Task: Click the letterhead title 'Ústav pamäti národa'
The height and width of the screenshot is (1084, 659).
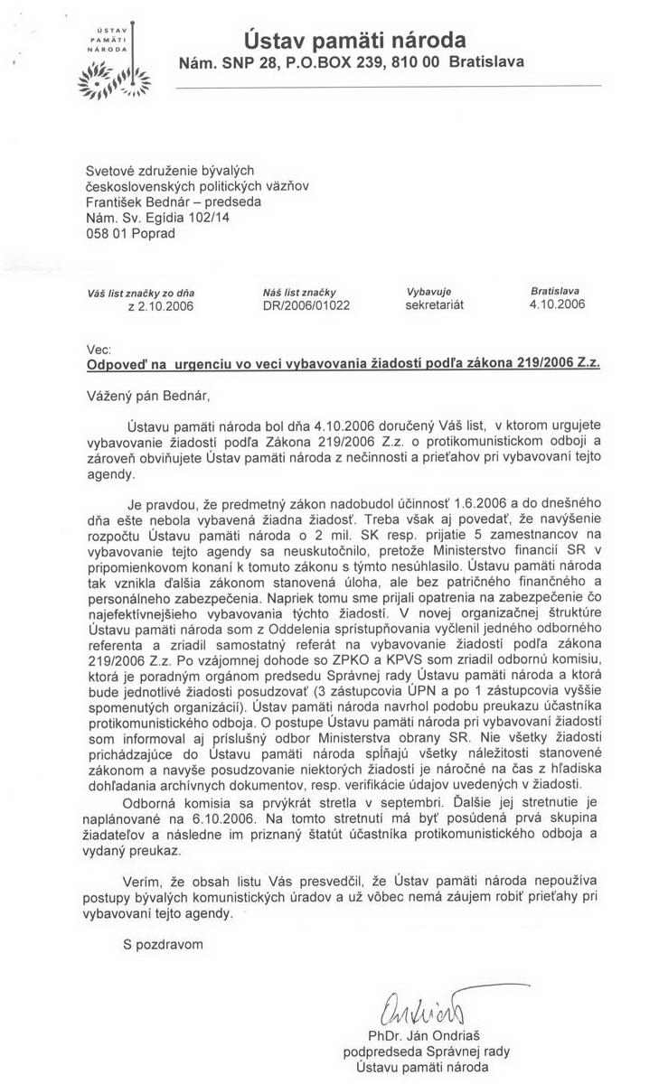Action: [x=354, y=40]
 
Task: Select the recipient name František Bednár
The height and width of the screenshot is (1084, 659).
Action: [x=144, y=199]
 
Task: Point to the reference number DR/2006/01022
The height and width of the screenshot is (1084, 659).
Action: [x=305, y=305]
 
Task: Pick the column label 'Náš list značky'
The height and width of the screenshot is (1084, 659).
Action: [x=297, y=291]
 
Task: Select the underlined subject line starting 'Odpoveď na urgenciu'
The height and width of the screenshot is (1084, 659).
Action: [x=342, y=364]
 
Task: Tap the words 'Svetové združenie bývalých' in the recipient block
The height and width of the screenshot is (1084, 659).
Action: [x=169, y=169]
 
